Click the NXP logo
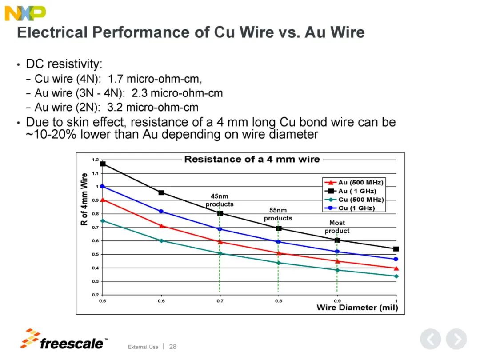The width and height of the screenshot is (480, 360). (x=25, y=13)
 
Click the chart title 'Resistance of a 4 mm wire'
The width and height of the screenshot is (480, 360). (x=252, y=159)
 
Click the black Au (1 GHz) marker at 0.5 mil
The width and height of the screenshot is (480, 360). (x=103, y=164)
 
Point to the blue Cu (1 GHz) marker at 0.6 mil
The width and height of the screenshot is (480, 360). (x=161, y=211)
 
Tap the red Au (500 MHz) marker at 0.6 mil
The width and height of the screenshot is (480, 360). (x=161, y=226)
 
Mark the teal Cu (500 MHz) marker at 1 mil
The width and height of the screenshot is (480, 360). (x=396, y=276)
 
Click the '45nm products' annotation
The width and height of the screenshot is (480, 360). (x=220, y=200)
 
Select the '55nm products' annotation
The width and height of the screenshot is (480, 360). (x=278, y=214)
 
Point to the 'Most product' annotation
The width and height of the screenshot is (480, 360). (x=337, y=227)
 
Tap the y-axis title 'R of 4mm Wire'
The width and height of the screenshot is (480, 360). (x=84, y=199)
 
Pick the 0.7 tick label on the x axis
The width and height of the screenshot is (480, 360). (x=220, y=301)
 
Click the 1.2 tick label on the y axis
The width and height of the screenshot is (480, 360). (x=95, y=160)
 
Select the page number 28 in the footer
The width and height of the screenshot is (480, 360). (x=172, y=346)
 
